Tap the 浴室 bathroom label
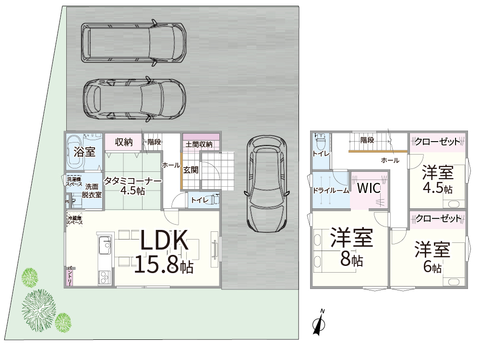pos(84,152)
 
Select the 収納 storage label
pos(123,142)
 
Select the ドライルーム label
pos(331,190)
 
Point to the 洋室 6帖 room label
pos(432,257)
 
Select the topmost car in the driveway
pos(133,43)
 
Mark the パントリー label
pos(70,276)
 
